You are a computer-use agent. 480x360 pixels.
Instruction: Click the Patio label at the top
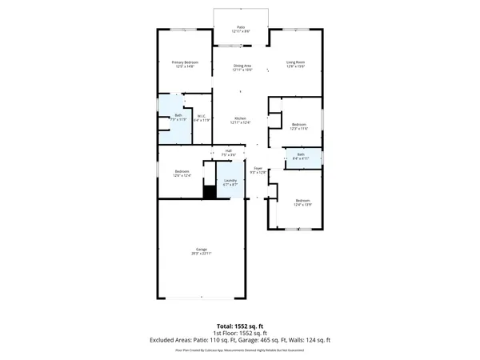pyautogui.click(x=241, y=28)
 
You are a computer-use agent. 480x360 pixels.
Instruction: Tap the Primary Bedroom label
pyautogui.click(x=185, y=64)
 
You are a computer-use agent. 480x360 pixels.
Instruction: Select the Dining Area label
pyautogui.click(x=242, y=68)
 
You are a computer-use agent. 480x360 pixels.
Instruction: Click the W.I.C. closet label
pyautogui.click(x=203, y=118)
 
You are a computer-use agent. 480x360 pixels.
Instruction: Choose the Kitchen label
pyautogui.click(x=241, y=120)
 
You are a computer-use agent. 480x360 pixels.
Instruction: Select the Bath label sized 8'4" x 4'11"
pyautogui.click(x=301, y=156)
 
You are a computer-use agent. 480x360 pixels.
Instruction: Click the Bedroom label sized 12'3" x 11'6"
pyautogui.click(x=299, y=126)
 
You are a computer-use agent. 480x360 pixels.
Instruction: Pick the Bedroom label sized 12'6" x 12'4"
pyautogui.click(x=182, y=173)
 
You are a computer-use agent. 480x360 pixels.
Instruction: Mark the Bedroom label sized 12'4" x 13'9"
pyautogui.click(x=302, y=202)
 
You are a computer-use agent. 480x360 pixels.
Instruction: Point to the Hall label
pyautogui.click(x=228, y=152)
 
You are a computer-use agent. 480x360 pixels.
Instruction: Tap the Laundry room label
pyautogui.click(x=230, y=182)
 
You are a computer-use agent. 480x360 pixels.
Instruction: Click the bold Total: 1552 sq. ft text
pyautogui.click(x=240, y=325)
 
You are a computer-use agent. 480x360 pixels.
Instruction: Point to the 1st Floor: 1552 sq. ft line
pyautogui.click(x=240, y=332)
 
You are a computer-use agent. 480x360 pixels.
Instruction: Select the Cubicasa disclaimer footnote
pyautogui.click(x=240, y=350)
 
